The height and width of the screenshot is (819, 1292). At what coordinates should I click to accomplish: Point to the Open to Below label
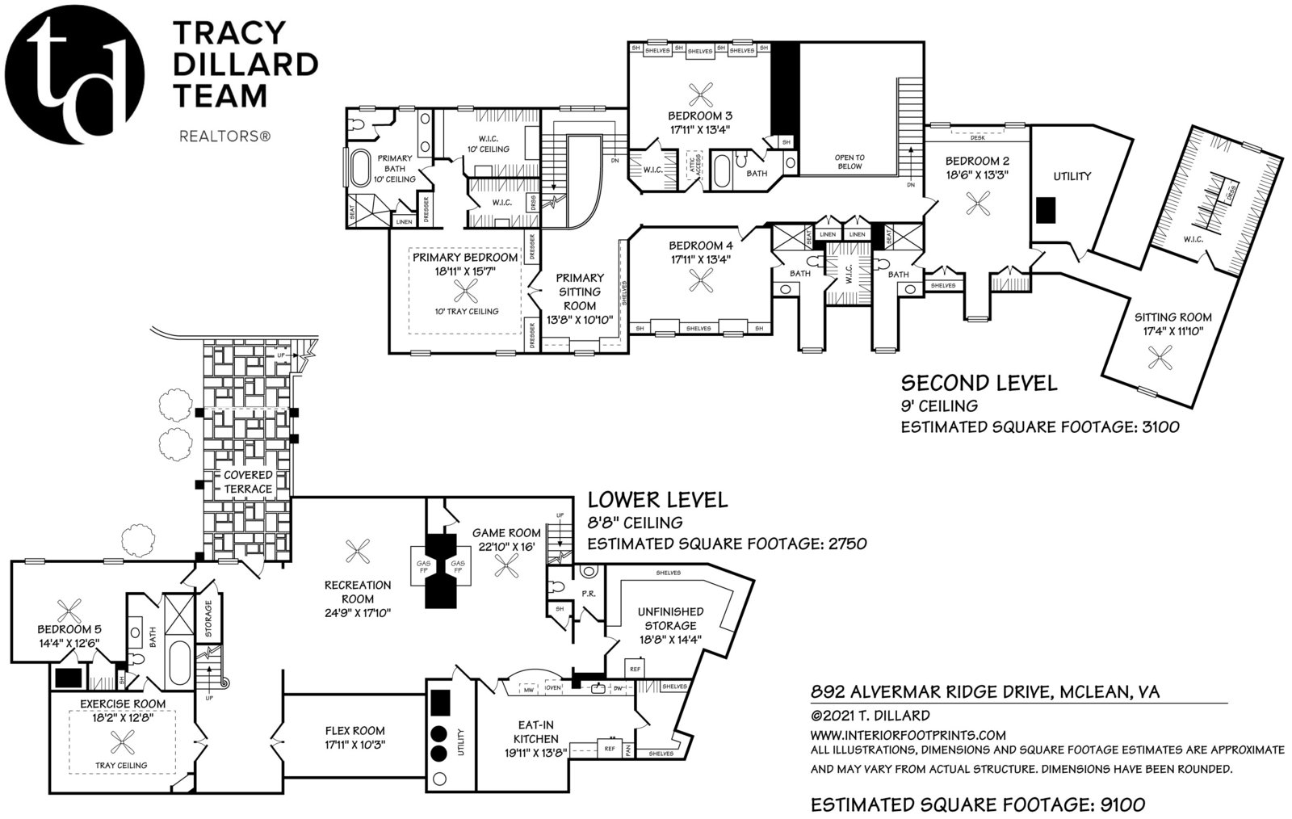849,162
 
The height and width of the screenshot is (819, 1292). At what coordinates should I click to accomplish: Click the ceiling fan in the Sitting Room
1160,355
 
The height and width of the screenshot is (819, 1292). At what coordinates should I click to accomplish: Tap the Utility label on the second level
1072,176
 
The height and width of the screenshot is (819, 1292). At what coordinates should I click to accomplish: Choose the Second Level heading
978,383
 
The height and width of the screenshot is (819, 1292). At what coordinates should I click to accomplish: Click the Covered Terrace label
248,482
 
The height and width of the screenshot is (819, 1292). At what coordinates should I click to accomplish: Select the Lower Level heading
656,500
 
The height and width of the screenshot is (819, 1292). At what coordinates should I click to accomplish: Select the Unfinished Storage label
670,619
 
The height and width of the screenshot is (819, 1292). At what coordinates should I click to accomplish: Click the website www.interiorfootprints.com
908,735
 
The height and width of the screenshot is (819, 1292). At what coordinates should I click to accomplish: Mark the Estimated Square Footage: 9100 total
977,804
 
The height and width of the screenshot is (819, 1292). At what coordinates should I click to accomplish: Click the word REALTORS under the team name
223,138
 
